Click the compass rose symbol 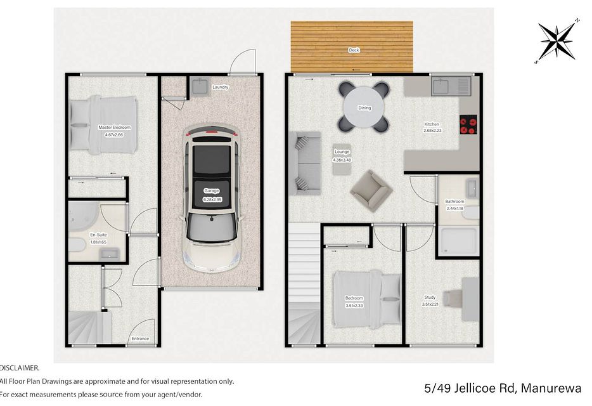pyautogui.click(x=557, y=40)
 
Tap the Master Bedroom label pyautogui.click(x=115, y=128)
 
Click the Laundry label pyautogui.click(x=221, y=88)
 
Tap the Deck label pyautogui.click(x=354, y=50)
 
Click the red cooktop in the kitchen pyautogui.click(x=468, y=124)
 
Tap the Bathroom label pyautogui.click(x=454, y=202)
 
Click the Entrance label pyautogui.click(x=140, y=339)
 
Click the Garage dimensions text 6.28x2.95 pyautogui.click(x=212, y=199)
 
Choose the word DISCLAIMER pyautogui.click(x=20, y=368)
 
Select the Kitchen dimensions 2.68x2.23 pyautogui.click(x=432, y=131)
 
